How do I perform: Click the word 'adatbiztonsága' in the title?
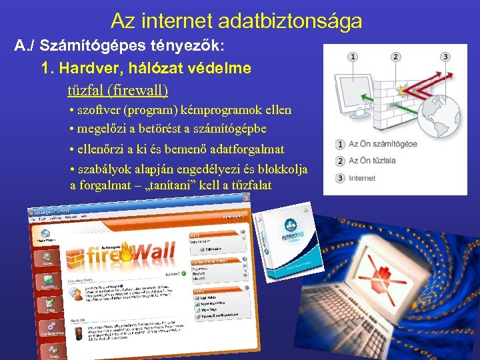click(x=294, y=21)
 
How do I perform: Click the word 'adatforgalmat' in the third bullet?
click(x=248, y=149)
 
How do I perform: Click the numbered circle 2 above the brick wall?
click(x=397, y=57)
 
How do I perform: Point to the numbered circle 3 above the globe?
click(x=445, y=57)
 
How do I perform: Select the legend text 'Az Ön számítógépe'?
click(x=383, y=144)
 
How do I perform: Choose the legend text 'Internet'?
click(x=363, y=178)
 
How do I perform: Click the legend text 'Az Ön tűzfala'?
click(x=373, y=161)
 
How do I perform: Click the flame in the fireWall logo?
click(x=126, y=253)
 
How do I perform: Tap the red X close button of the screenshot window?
click(x=246, y=197)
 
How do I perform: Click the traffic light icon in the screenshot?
click(x=78, y=332)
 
